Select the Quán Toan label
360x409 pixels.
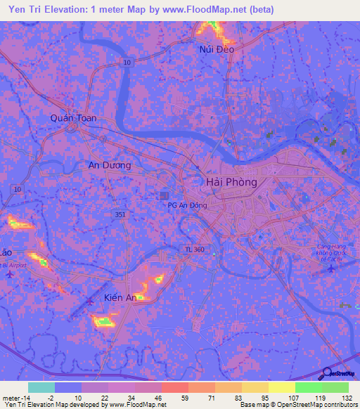(x=73, y=118)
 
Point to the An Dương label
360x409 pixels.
(x=109, y=165)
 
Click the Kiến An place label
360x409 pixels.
(x=120, y=298)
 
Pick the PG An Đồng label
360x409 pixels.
(x=186, y=204)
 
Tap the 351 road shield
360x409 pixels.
(x=122, y=214)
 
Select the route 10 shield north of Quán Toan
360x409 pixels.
(x=127, y=63)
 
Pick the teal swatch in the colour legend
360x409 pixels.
(x=41, y=387)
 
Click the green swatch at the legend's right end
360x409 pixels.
(x=335, y=387)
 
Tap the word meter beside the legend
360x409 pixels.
(x=11, y=398)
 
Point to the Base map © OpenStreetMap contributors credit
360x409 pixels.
(x=298, y=405)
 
